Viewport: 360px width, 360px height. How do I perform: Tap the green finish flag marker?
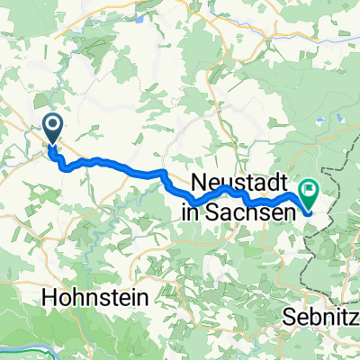(x=310, y=193)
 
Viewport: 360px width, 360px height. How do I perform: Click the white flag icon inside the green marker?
(x=310, y=190)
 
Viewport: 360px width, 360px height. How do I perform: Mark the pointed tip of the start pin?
(x=53, y=145)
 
